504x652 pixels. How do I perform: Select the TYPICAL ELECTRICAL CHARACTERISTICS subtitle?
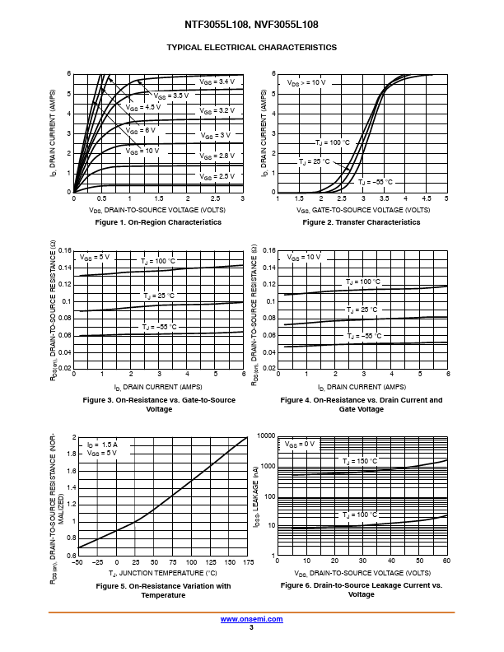(251, 48)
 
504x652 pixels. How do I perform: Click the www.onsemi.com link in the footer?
(251, 619)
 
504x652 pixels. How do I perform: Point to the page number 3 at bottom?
(251, 627)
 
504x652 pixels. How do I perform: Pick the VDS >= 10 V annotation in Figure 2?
(306, 83)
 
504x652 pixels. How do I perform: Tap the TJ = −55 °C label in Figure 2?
(376, 182)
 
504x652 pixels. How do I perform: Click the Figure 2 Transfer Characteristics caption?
(362, 222)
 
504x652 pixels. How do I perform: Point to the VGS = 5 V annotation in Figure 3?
(96, 258)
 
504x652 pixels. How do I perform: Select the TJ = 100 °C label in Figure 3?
(157, 261)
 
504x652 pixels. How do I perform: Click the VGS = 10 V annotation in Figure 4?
(304, 258)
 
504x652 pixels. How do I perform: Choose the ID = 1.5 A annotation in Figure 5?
(102, 445)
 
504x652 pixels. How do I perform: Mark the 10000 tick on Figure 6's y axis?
(265, 435)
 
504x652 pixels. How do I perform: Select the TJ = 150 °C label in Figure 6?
(361, 462)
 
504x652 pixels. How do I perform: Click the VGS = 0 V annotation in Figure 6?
(301, 445)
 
